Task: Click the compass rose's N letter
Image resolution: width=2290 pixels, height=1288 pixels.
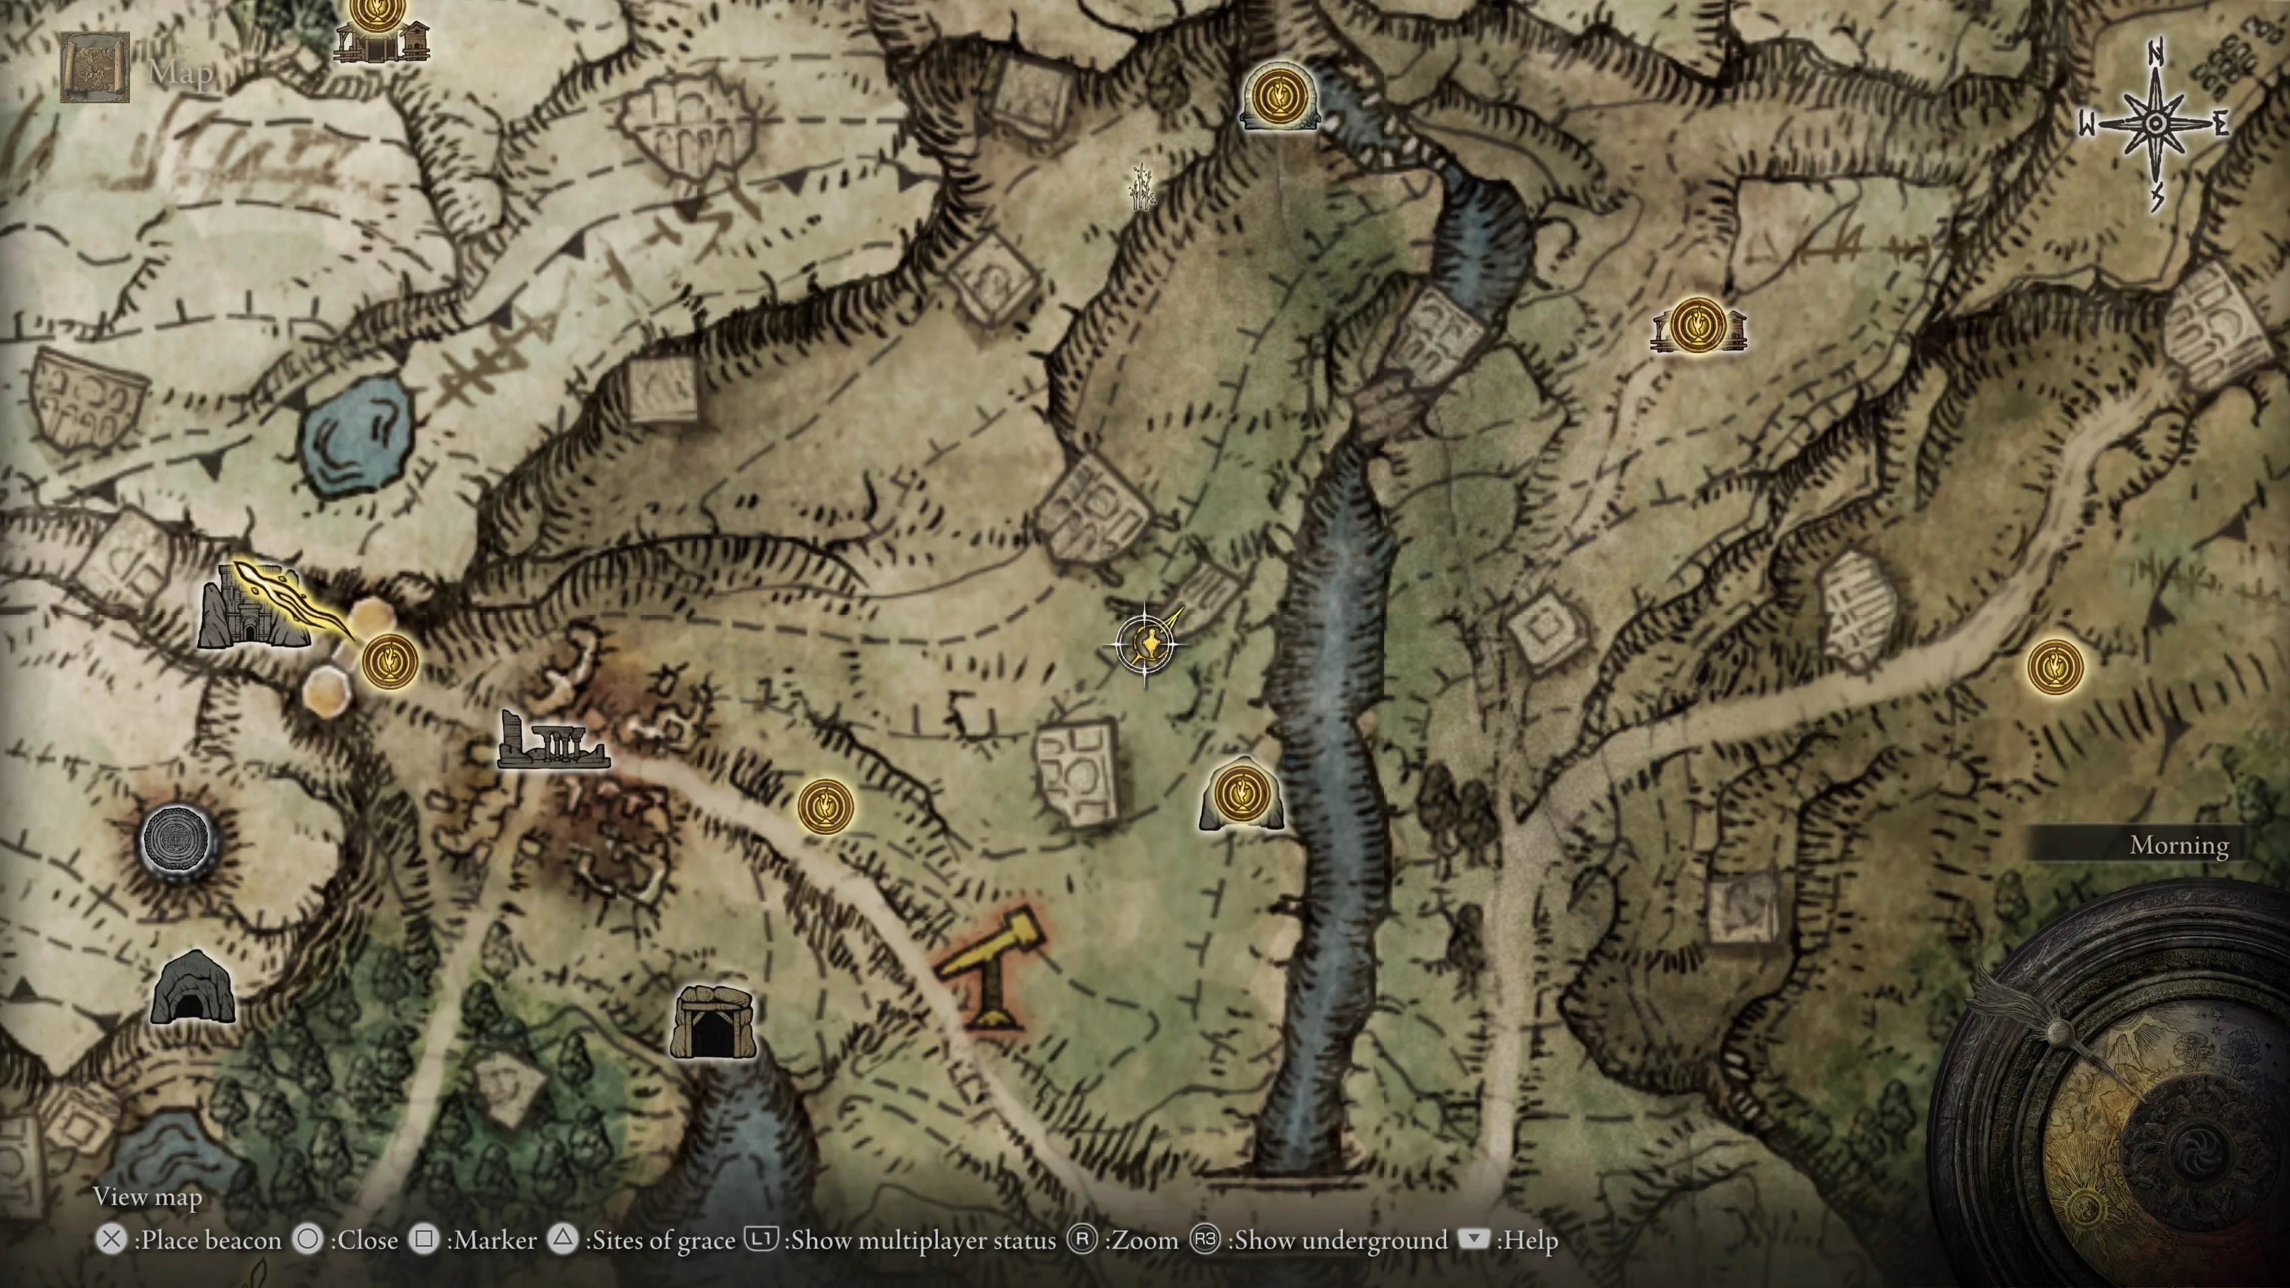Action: coord(2155,53)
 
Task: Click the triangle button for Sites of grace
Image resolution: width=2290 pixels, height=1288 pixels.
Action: coord(563,1239)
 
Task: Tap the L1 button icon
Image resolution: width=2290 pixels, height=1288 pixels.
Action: coord(761,1239)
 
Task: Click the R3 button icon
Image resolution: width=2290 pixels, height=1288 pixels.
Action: coord(1205,1239)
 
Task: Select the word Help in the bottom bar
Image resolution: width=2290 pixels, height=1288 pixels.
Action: coord(1530,1240)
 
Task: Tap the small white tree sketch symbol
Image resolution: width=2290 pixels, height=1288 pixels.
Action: coord(1141,187)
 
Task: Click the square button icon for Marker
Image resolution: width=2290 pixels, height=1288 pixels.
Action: coord(425,1239)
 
